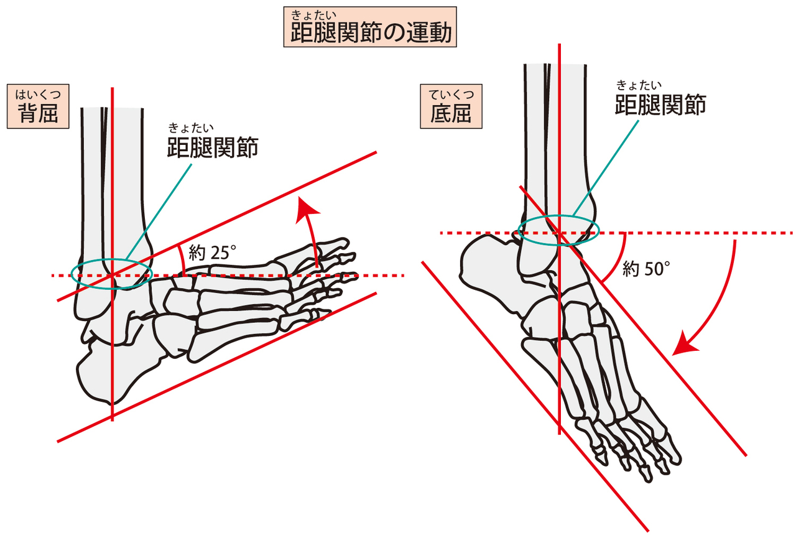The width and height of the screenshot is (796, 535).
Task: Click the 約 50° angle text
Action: pyautogui.click(x=647, y=269)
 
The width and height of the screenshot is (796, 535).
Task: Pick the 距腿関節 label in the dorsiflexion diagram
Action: pyautogui.click(x=212, y=147)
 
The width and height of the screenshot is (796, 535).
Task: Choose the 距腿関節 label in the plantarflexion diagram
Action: pyautogui.click(x=660, y=105)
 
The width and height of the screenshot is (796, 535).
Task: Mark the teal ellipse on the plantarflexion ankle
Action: pyautogui.click(x=558, y=230)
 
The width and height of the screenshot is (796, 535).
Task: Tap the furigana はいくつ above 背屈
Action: pyautogui.click(x=37, y=94)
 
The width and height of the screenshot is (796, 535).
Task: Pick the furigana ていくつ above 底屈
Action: pyautogui.click(x=451, y=95)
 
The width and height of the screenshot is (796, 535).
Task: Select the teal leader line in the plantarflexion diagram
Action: pyautogui.click(x=606, y=165)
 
